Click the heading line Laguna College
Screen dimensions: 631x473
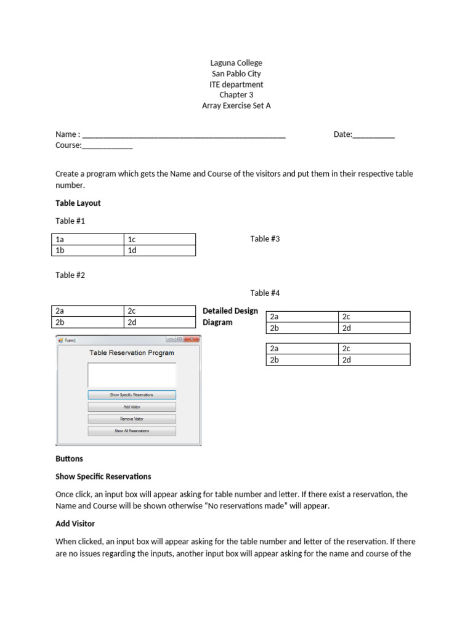pos(236,63)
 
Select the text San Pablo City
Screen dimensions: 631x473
pos(236,73)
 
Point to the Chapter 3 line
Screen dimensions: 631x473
pos(236,95)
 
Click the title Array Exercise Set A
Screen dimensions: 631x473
pos(236,105)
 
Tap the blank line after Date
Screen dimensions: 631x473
pos(373,135)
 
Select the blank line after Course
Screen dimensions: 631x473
pos(107,146)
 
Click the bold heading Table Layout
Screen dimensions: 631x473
pos(78,203)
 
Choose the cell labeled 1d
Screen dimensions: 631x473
pos(160,250)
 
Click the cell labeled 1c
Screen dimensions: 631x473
pos(160,239)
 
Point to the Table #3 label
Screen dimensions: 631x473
pos(265,238)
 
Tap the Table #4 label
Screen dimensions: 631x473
pos(265,293)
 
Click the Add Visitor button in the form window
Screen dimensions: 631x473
pos(132,407)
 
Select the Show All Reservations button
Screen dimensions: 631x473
pos(132,431)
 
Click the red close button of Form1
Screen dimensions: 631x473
pos(192,340)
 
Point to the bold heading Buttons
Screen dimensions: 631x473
pos(69,458)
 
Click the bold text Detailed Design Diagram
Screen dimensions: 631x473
pos(230,316)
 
